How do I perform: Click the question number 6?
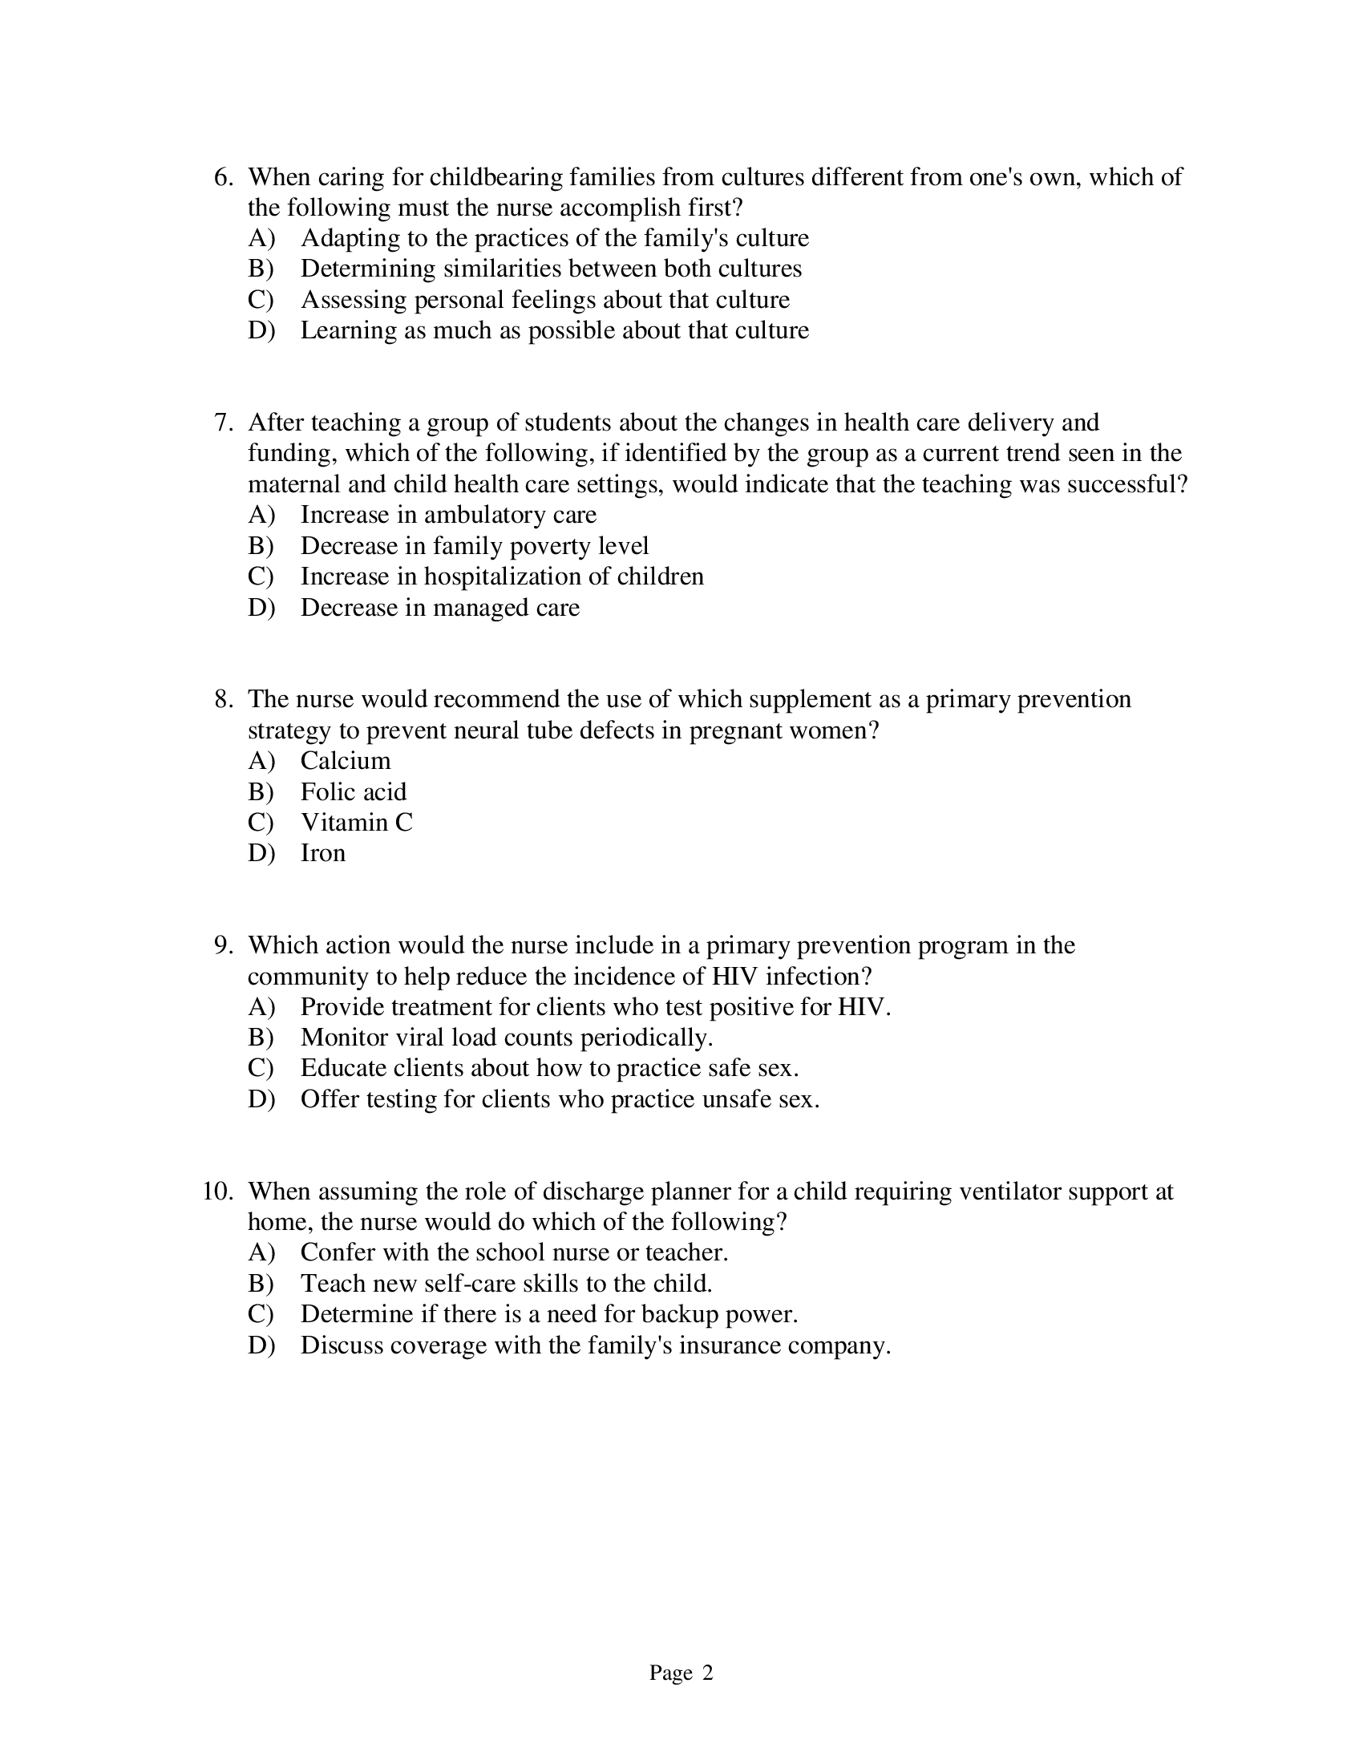[x=223, y=177]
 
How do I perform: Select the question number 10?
[x=217, y=1192]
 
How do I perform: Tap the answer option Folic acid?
[x=353, y=791]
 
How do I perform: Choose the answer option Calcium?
[x=345, y=761]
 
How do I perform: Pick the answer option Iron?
[x=322, y=853]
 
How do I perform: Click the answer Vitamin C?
[x=356, y=822]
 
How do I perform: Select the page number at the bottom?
[x=681, y=1673]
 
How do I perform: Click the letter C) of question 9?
[x=261, y=1069]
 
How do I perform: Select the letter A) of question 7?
[x=261, y=515]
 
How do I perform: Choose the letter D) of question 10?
[x=261, y=1345]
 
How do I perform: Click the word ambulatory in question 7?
[x=484, y=515]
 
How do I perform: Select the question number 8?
[x=223, y=699]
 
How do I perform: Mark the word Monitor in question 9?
[x=344, y=1038]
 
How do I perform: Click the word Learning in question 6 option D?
[x=348, y=330]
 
